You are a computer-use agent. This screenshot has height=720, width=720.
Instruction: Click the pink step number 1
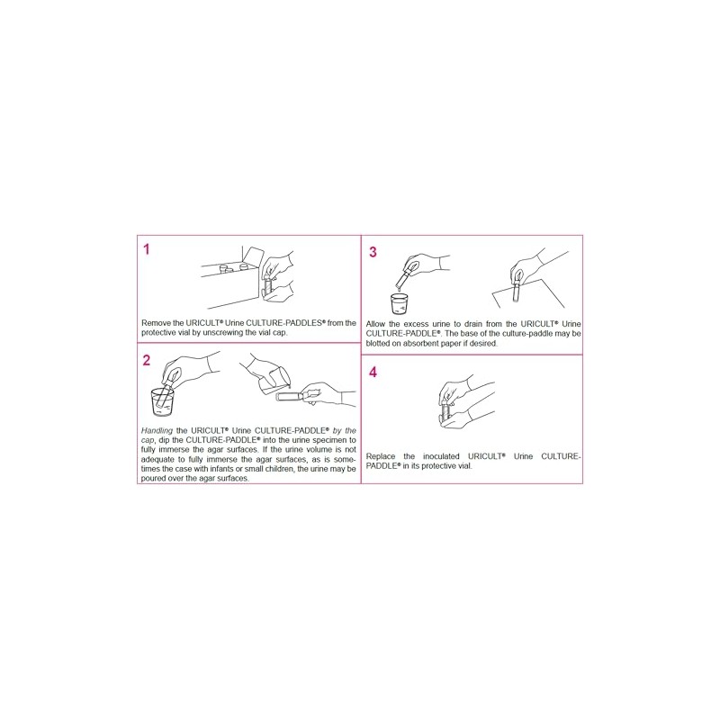[x=146, y=249]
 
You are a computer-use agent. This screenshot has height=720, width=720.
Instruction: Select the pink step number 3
[x=372, y=252]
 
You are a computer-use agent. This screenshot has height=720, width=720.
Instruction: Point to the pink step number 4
[x=373, y=372]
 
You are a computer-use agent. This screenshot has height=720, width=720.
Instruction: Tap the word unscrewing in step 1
[x=215, y=331]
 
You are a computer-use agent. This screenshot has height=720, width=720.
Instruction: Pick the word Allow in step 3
[x=376, y=322]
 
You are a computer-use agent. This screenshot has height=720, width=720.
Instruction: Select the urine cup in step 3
[x=400, y=302]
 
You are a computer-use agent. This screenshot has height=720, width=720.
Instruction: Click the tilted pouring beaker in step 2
[x=274, y=378]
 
